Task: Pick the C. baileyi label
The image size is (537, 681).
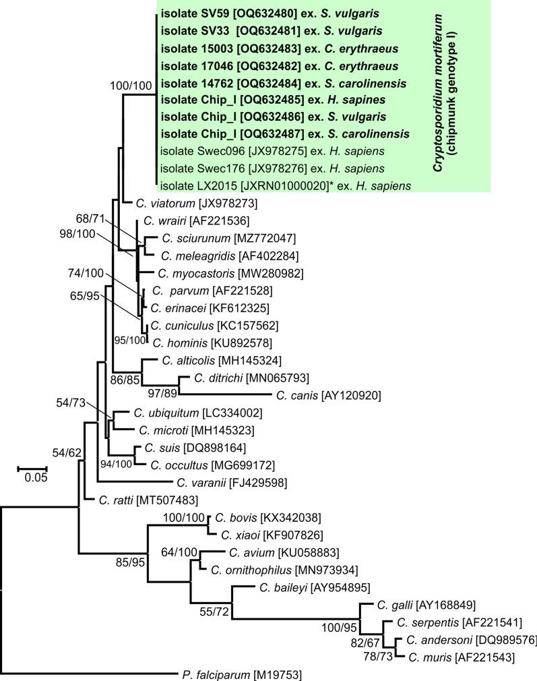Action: pos(273,587)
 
